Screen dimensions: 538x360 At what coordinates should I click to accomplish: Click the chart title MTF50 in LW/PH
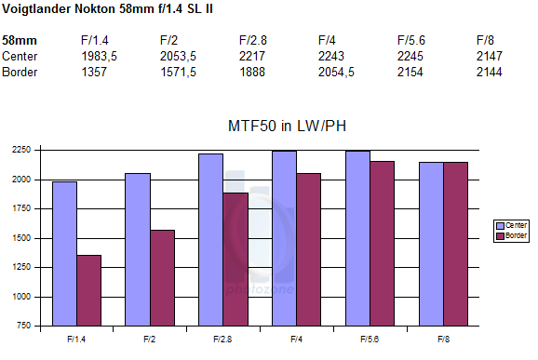287,126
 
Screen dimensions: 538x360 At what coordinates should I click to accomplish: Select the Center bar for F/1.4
64,254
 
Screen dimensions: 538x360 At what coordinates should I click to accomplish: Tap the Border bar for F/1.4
88,290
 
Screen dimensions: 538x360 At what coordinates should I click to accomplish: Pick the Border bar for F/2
162,278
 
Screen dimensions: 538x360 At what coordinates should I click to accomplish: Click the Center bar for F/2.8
210,240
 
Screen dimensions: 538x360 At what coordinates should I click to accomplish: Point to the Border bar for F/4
309,249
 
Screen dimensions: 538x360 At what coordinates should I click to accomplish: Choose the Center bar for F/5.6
357,238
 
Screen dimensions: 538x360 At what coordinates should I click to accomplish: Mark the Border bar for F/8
456,244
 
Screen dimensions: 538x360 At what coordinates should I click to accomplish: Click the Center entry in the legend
511,226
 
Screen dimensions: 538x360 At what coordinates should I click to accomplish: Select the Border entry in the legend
511,236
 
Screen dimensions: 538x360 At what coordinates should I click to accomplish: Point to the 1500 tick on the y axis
21,238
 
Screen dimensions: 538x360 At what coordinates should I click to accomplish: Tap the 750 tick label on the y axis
23,326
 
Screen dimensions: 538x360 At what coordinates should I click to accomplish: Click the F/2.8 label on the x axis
222,340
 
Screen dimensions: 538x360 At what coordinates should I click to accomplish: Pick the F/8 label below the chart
443,340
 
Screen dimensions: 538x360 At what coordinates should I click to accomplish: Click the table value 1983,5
100,56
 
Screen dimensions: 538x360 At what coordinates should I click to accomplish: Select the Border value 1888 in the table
252,72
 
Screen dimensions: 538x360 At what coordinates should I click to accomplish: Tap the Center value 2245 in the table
410,56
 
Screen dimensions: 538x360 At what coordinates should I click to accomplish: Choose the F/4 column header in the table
327,40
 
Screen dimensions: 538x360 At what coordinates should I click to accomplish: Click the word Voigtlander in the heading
36,9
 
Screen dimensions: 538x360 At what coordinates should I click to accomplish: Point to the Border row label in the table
20,72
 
